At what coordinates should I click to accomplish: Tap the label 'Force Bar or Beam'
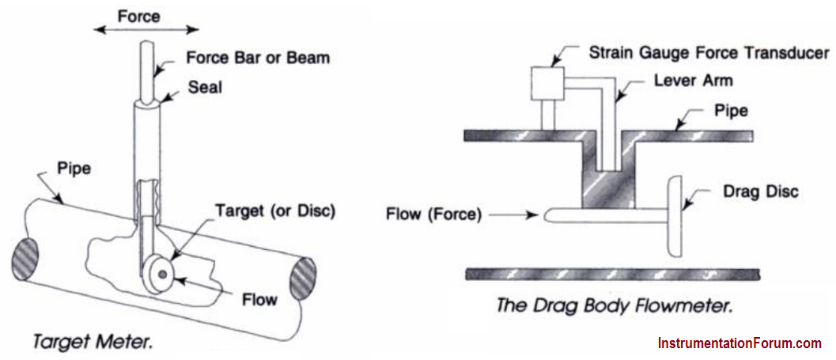258,58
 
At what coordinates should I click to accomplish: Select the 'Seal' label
204,87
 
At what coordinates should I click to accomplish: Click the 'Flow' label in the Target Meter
259,300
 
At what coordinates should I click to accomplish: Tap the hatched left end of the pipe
25,260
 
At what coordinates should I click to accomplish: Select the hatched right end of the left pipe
303,279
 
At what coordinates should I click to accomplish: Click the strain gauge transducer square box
547,83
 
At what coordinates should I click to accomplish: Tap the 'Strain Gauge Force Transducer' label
709,53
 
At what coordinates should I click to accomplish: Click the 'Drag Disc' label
759,191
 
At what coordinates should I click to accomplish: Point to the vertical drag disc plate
675,217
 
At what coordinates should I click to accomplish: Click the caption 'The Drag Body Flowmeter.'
614,306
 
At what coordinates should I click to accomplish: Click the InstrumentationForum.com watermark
740,343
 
